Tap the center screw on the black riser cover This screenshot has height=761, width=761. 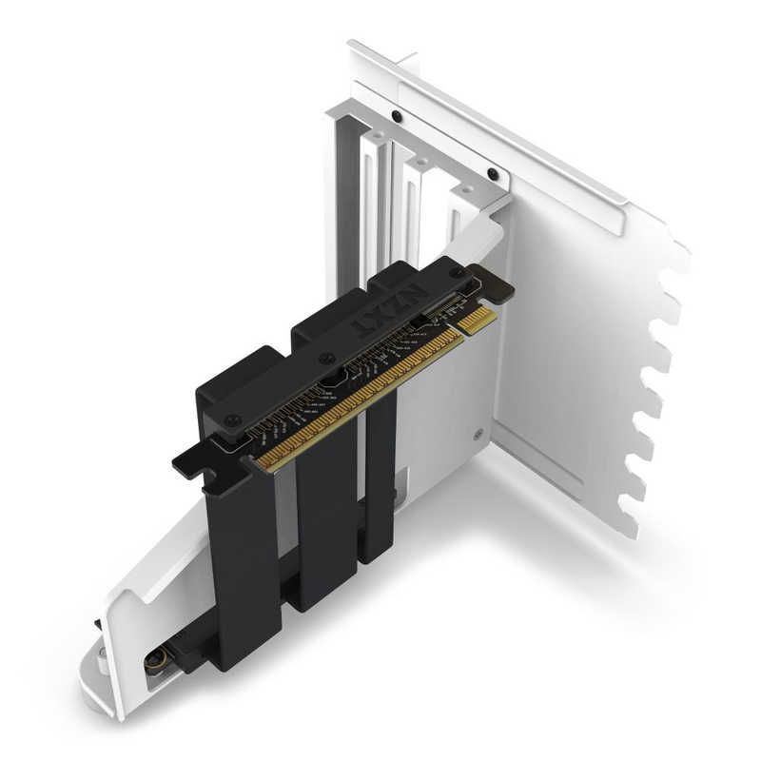(326, 359)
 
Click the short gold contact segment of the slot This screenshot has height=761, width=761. (476, 321)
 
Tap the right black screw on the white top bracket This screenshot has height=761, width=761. (492, 173)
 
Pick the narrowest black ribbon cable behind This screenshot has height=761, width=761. (379, 485)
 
